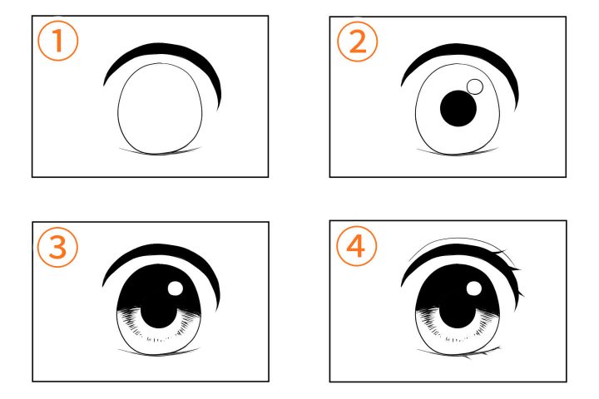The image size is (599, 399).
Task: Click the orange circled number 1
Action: [58, 41]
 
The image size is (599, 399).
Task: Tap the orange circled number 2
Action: [358, 42]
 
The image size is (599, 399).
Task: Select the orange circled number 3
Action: [57, 247]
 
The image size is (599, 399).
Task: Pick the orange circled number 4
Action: [356, 246]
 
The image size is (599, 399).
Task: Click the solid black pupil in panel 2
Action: [458, 108]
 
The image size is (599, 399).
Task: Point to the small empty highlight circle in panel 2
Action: [475, 86]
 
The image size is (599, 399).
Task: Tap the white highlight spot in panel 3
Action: [176, 288]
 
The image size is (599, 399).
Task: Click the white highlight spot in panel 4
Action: [474, 288]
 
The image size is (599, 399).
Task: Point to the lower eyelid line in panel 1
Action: [159, 154]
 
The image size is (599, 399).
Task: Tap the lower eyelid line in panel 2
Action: [458, 155]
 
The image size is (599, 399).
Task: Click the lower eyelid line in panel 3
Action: [159, 354]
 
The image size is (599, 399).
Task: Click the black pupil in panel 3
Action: [159, 316]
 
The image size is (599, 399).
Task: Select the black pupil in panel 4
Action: [458, 316]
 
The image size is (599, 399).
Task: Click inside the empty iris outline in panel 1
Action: [160, 109]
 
